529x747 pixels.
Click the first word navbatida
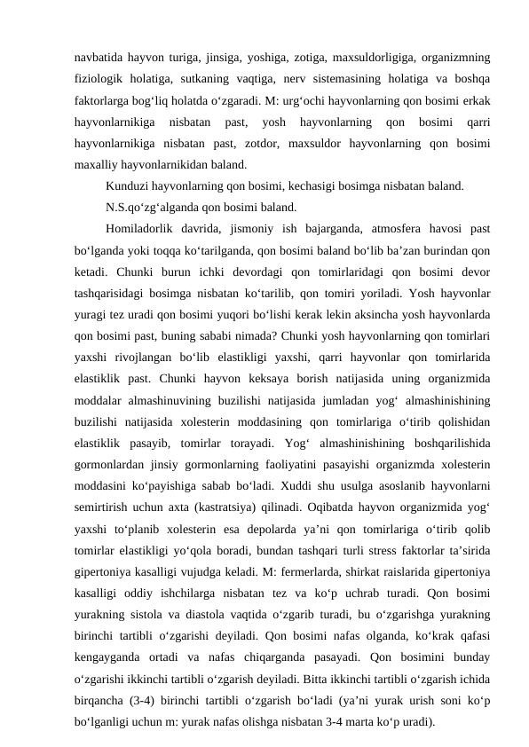[99, 49]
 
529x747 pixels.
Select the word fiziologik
[100, 72]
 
